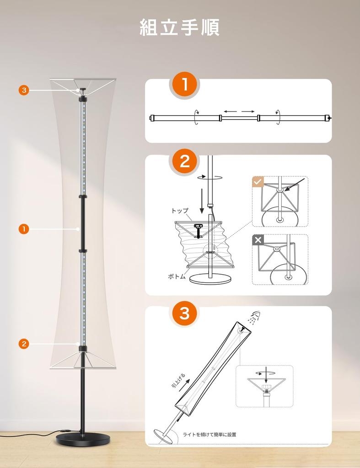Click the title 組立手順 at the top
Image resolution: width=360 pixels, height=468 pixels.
coord(180,27)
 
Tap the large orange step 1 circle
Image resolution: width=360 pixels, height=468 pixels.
coord(185,85)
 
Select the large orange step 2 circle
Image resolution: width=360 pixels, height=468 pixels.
coord(185,161)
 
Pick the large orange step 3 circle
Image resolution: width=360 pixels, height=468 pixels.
coord(185,314)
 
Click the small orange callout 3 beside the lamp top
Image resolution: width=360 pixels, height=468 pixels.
coord(24,90)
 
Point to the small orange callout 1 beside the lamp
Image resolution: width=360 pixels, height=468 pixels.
coord(24,229)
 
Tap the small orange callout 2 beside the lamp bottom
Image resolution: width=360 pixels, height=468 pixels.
coord(24,344)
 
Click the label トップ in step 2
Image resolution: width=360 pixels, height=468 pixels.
coord(180,211)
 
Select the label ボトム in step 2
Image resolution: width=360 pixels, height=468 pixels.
coord(177,277)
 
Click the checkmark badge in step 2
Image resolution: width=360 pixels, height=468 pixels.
coord(258,181)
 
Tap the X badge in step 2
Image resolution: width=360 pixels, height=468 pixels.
coord(258,240)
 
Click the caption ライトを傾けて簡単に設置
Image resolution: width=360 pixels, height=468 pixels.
coord(210,435)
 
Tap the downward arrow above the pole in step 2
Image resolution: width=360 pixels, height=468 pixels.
coord(202,201)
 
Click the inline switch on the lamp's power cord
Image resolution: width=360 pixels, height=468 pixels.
coord(64,431)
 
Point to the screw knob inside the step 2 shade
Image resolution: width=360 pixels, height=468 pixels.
coord(198,229)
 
